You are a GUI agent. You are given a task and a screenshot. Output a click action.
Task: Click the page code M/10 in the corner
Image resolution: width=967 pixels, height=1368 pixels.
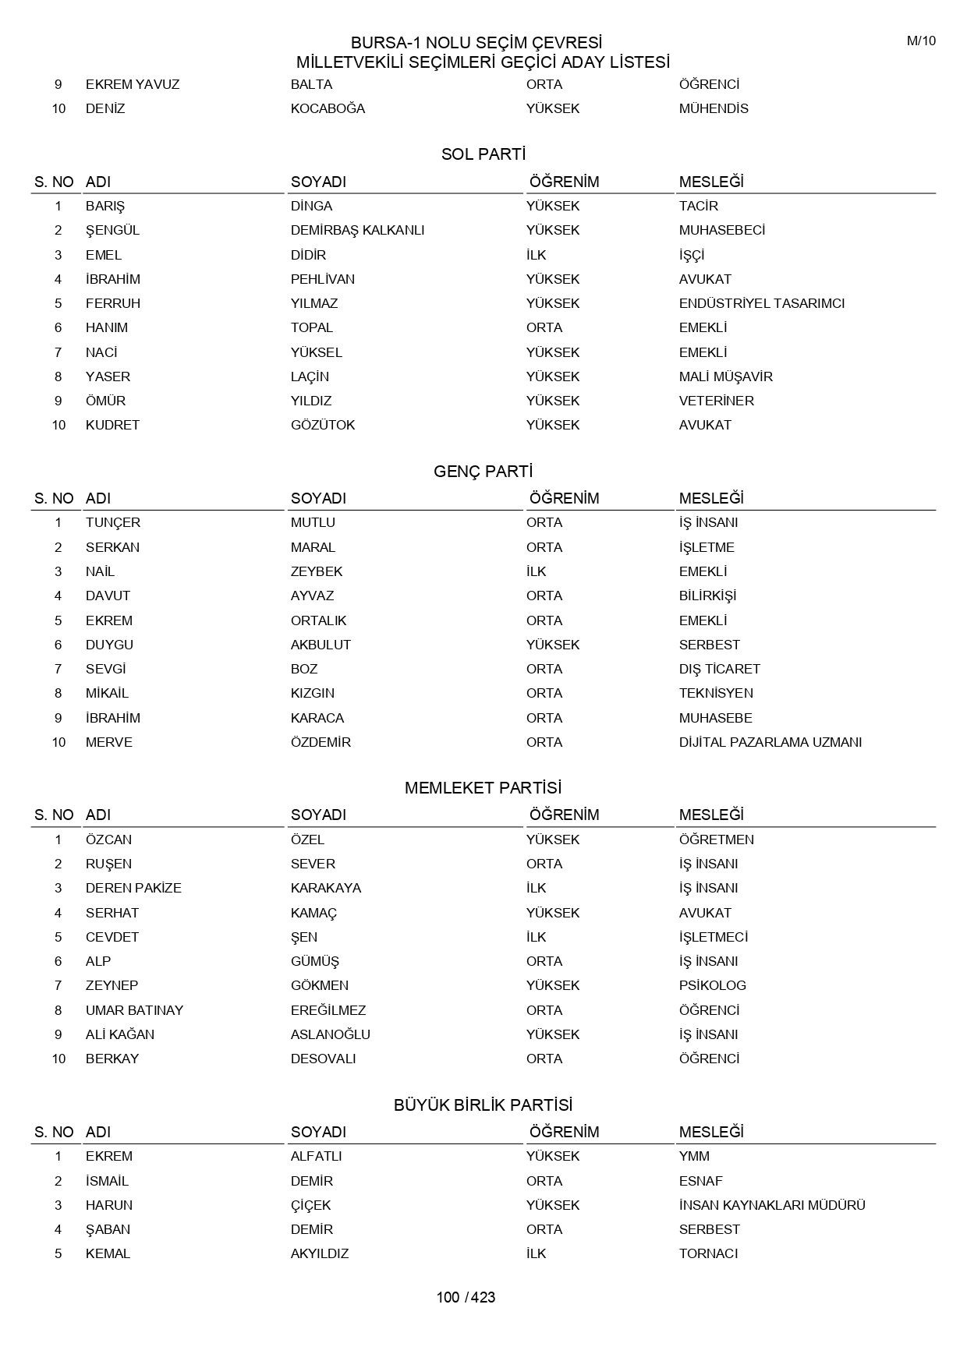[920, 41]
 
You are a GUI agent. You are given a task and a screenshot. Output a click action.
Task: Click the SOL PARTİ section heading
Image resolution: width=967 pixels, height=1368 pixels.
[483, 154]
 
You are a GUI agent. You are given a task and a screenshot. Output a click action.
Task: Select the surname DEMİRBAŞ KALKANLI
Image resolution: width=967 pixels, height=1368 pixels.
[357, 230]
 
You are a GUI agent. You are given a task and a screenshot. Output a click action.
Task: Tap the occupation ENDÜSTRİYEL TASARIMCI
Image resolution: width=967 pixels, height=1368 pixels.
[761, 303]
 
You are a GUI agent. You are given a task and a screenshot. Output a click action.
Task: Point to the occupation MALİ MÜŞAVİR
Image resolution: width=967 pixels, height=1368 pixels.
[725, 376]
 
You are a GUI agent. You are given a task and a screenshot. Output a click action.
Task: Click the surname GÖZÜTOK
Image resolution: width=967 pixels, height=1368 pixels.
[323, 425]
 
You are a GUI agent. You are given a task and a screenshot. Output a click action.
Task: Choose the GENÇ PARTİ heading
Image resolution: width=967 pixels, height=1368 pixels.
[483, 472]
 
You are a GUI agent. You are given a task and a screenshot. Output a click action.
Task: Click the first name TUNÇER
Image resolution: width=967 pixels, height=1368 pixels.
[113, 522]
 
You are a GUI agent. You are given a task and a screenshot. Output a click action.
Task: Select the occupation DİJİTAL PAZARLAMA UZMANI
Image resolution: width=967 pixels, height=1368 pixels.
[770, 742]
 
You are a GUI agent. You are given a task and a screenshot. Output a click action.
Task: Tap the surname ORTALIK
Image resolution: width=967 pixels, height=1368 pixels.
[318, 620]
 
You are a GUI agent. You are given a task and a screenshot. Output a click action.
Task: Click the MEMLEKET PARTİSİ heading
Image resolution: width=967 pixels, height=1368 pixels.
[483, 788]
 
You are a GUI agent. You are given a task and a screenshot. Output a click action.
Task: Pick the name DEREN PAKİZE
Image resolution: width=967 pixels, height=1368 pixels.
[133, 888]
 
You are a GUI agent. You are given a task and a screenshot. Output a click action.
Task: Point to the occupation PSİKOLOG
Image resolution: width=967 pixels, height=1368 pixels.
[712, 985]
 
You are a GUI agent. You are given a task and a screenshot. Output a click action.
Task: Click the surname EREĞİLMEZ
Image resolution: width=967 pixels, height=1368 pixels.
[328, 1010]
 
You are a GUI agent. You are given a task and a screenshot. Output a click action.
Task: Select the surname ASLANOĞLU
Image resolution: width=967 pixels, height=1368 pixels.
[330, 1034]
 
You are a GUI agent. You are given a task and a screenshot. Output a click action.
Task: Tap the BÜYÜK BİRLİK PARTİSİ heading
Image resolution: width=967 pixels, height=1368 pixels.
[483, 1105]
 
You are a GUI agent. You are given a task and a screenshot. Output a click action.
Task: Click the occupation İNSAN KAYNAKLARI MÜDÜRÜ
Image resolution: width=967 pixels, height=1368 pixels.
[771, 1205]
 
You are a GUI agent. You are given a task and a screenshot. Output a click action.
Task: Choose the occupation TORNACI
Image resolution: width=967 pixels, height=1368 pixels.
[708, 1253]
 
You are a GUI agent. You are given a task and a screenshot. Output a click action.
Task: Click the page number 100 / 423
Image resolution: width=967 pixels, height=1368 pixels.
[466, 1297]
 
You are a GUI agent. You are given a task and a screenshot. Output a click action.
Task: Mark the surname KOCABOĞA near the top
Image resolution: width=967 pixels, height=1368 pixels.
[328, 108]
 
